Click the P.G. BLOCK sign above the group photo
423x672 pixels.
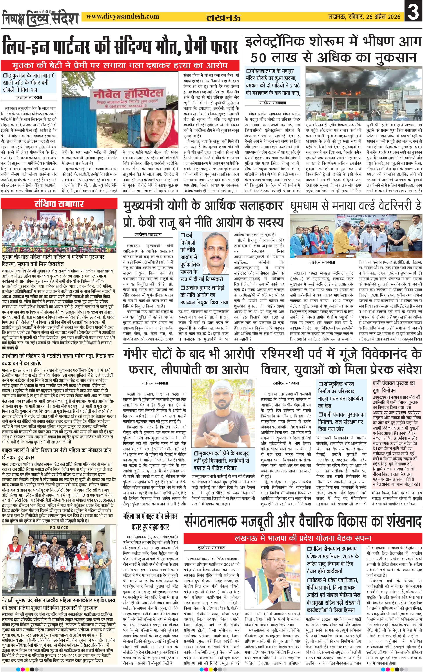point(59,527)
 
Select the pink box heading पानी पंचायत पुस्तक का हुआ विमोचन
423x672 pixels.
point(394,387)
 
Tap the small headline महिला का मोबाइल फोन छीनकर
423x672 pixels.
point(150,516)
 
